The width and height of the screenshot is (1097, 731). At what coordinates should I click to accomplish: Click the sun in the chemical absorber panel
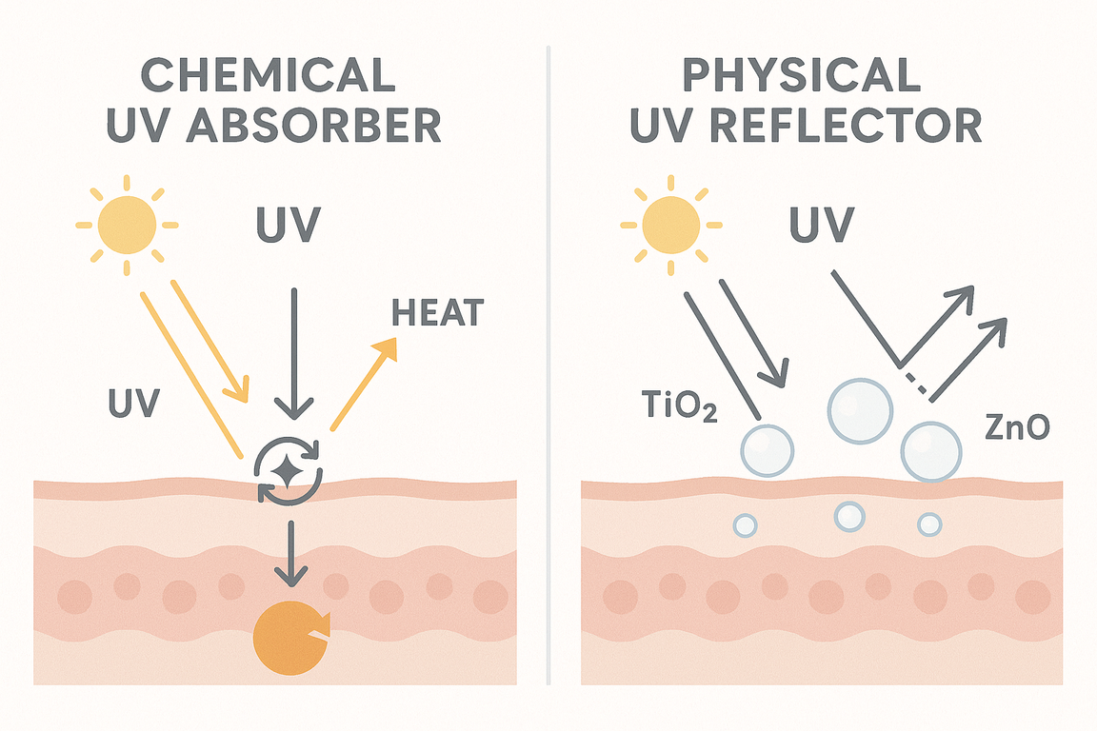pyautogui.click(x=127, y=226)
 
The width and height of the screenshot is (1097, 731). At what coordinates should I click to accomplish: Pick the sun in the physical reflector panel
pyautogui.click(x=671, y=226)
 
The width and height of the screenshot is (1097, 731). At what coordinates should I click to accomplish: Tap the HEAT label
pyautogui.click(x=437, y=311)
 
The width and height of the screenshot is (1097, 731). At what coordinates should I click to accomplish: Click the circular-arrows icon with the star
pyautogui.click(x=290, y=469)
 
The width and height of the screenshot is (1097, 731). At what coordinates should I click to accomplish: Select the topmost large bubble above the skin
pyautogui.click(x=860, y=408)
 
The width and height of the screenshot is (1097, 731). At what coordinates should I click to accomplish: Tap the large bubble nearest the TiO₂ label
pyautogui.click(x=767, y=448)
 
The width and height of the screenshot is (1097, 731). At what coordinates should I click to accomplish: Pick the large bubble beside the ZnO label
pyautogui.click(x=930, y=450)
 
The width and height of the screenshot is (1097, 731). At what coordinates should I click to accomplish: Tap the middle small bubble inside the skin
pyautogui.click(x=848, y=516)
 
